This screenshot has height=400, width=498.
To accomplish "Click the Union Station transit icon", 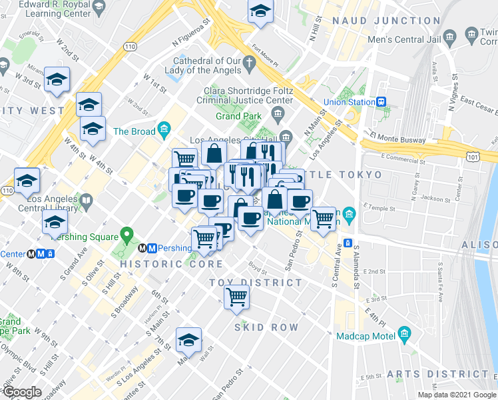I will (381, 102).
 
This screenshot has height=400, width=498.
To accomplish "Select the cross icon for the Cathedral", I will (250, 65).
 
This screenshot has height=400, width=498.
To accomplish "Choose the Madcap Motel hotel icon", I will (404, 334).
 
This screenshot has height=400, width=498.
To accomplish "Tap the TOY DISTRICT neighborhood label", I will (256, 283).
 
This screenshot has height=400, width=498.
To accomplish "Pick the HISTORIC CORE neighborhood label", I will (162, 264).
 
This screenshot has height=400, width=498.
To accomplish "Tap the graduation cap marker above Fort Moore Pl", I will (260, 11).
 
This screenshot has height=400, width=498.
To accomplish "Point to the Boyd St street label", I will (258, 269).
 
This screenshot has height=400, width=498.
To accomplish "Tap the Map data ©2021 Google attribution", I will (457, 395).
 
